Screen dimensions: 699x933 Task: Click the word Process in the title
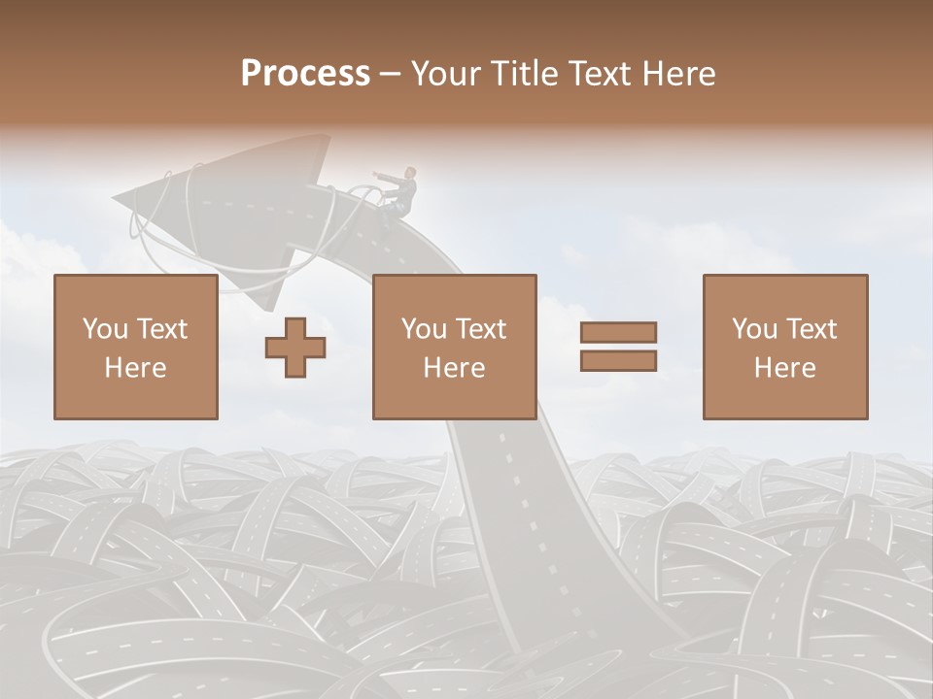tap(305, 73)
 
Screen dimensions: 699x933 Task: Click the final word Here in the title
tap(680, 73)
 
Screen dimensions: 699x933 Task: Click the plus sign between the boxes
tap(295, 347)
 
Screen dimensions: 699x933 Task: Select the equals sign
tap(618, 347)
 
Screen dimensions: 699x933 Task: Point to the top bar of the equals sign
tap(618, 332)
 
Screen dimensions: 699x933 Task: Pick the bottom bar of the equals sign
tap(618, 361)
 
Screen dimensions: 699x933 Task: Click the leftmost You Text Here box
tap(136, 347)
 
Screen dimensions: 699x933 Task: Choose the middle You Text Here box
tap(455, 347)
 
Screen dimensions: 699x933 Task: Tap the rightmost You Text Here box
tap(785, 347)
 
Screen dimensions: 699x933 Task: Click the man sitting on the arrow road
tap(401, 194)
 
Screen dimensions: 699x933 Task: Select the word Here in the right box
tap(785, 368)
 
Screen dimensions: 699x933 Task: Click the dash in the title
tap(390, 74)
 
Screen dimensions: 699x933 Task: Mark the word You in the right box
tap(753, 329)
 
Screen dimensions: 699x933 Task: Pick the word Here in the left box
tap(136, 368)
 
